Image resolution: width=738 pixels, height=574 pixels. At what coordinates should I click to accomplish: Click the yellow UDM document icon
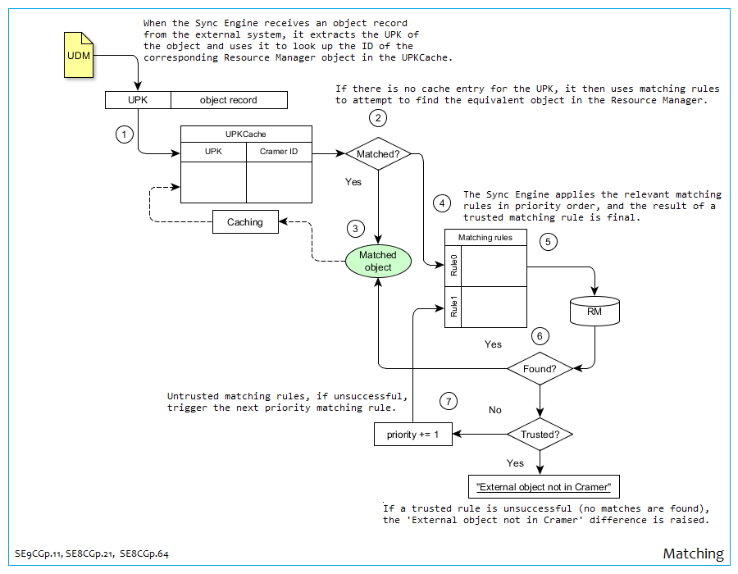pos(80,56)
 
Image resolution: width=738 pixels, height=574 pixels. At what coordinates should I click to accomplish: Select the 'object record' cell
pos(229,100)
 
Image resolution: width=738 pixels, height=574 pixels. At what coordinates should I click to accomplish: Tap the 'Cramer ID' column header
pos(279,152)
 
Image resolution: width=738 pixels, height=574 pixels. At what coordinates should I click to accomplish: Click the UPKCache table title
pos(246,134)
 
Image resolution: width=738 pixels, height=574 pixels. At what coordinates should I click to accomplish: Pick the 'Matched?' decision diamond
pos(377,153)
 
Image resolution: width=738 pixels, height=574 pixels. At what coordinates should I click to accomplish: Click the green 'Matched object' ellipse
pos(377,262)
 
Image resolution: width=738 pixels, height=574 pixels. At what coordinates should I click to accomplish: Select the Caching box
pos(245,222)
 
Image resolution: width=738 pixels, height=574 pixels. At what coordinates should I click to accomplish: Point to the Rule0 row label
pos(453,266)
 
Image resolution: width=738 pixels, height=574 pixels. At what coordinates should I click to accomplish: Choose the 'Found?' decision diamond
pos(540,369)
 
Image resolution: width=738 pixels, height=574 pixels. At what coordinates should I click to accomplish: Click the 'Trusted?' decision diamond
pos(540,434)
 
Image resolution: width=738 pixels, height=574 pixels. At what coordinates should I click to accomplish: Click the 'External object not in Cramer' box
pos(544,487)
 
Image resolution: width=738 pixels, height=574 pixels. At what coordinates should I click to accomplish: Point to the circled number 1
pos(124,134)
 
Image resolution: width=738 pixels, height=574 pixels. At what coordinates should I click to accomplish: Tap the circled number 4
pos(442,203)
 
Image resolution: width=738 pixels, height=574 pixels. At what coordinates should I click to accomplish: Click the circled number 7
pos(448,401)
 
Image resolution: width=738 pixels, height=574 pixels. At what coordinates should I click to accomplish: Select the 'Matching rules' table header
pos(485,238)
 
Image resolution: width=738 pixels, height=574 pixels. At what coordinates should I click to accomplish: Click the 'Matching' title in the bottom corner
pos(693,554)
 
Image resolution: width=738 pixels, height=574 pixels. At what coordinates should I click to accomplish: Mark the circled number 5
pos(549,242)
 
